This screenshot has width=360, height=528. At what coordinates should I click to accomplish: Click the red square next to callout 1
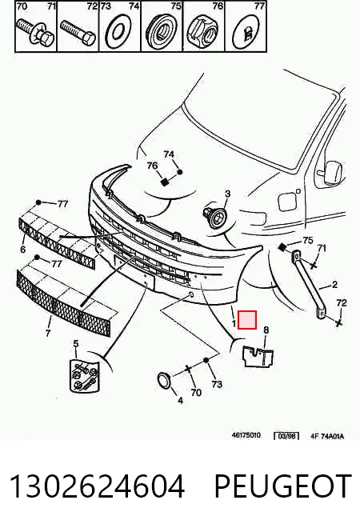click(x=247, y=320)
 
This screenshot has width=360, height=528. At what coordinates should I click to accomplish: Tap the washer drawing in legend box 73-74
click(x=118, y=32)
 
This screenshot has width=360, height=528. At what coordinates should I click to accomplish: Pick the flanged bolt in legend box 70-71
click(x=35, y=31)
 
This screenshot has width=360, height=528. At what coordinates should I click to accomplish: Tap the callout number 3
click(x=228, y=194)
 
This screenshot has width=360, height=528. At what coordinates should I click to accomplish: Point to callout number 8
click(x=266, y=330)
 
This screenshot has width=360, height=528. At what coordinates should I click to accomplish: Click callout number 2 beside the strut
click(x=334, y=285)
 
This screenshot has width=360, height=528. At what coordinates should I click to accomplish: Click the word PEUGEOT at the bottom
click(x=283, y=486)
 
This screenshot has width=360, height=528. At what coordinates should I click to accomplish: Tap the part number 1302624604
click(x=98, y=486)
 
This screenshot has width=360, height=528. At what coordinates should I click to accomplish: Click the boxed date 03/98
click(x=286, y=436)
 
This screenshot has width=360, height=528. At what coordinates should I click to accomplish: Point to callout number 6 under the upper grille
click(x=22, y=249)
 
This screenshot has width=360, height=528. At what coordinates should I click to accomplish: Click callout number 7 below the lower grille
click(x=47, y=334)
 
